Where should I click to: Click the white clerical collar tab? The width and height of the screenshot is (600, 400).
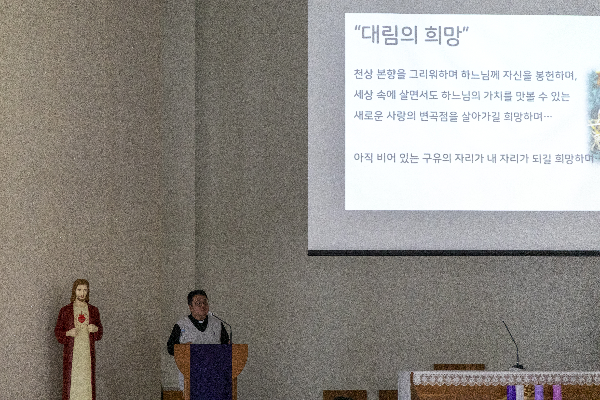(201, 322)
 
